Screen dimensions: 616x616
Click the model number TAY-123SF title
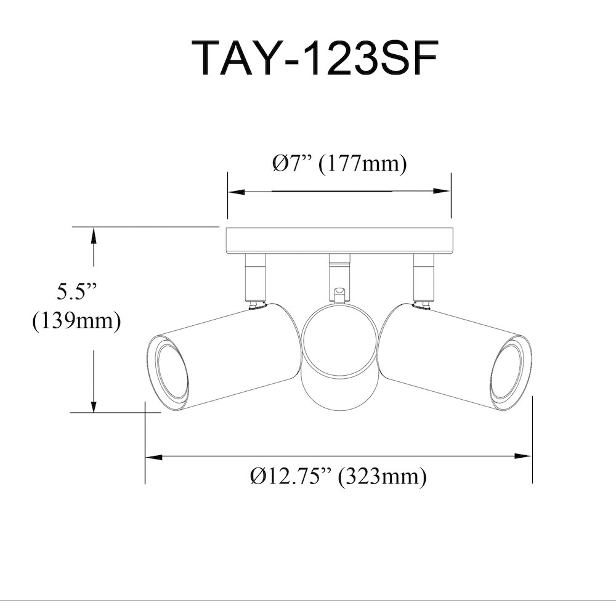coord(314,58)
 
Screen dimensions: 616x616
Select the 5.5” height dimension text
coord(76,291)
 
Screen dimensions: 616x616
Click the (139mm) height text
coord(76,322)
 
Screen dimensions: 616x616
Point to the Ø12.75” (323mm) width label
coord(338,477)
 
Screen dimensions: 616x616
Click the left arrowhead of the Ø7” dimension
coord(237,192)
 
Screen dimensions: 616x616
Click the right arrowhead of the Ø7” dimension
coord(442,192)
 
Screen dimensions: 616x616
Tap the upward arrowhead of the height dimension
coord(94,236)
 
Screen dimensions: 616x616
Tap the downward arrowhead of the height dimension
coord(94,404)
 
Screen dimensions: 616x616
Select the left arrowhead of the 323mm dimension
coord(154,456)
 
